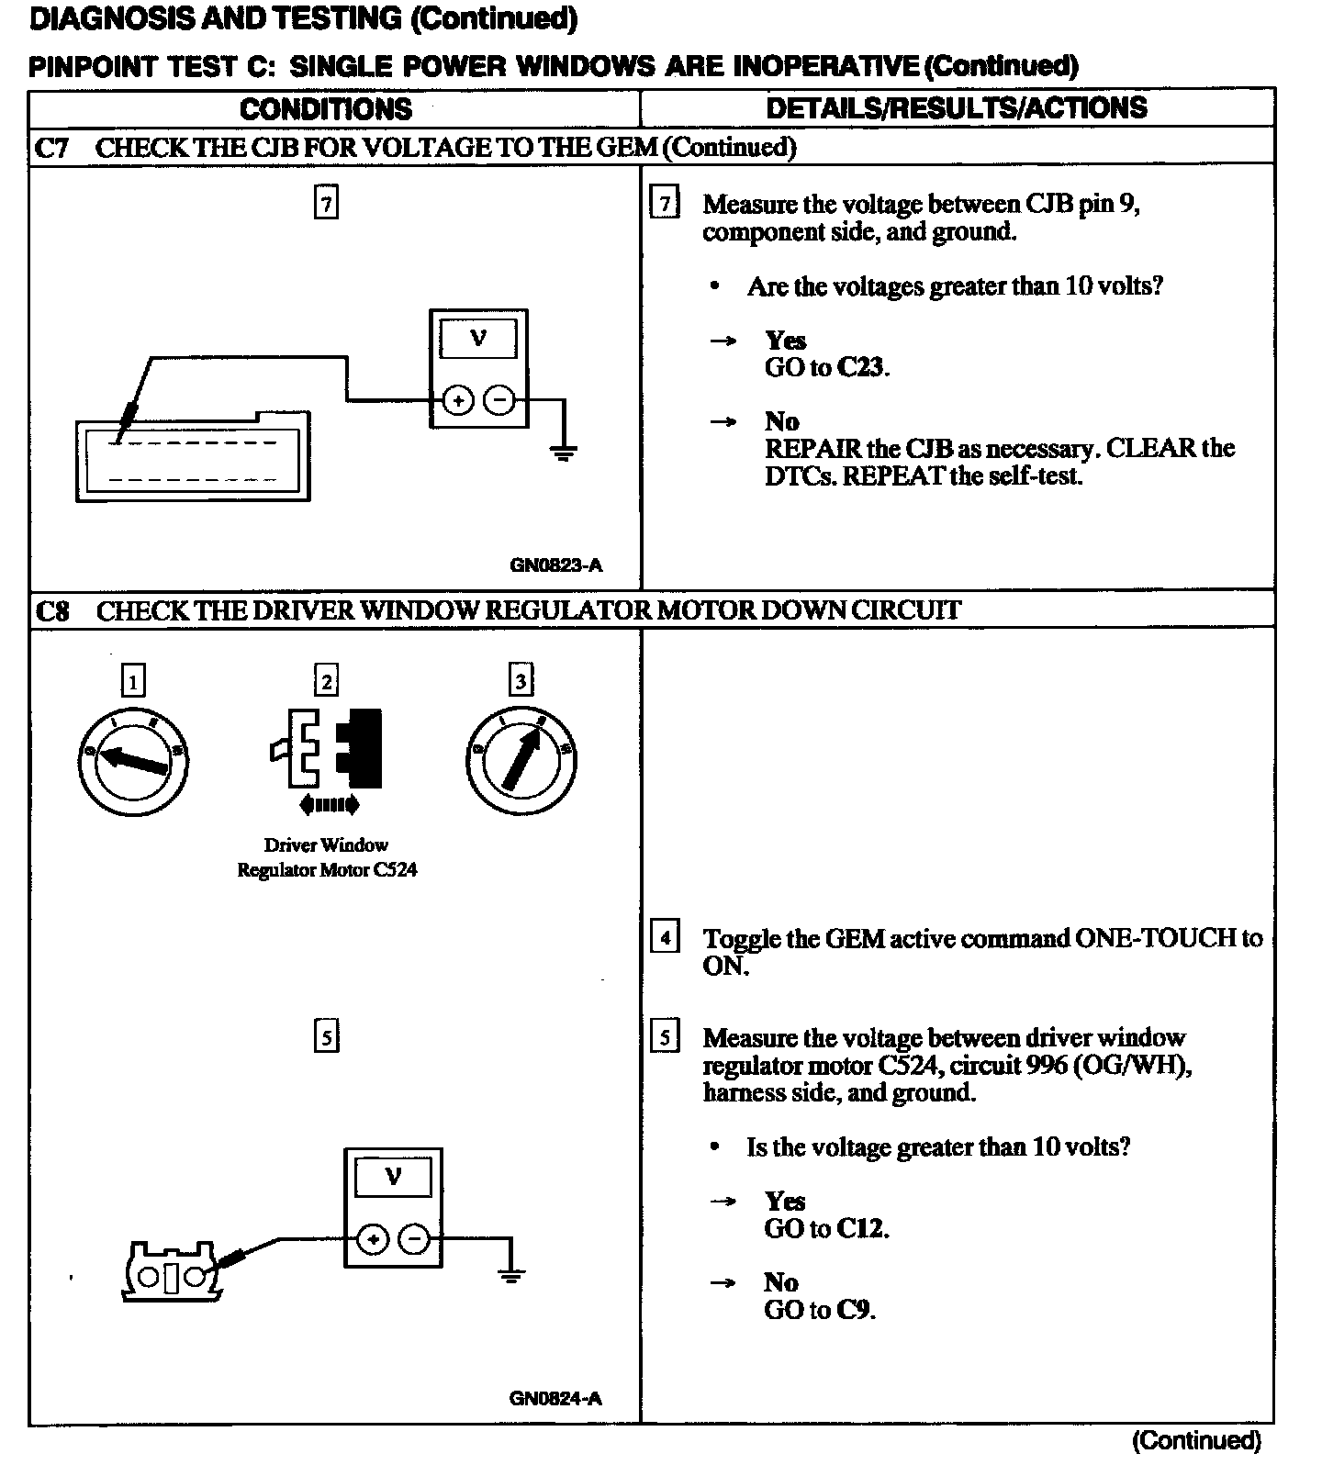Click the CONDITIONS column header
(x=326, y=109)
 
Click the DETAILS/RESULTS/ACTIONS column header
(x=957, y=108)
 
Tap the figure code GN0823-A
(x=556, y=565)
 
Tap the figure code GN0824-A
(x=555, y=1399)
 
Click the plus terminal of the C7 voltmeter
(x=457, y=401)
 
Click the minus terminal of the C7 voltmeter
(x=499, y=401)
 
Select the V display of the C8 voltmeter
(x=393, y=1176)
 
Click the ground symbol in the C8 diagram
(x=511, y=1274)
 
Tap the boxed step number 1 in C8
(x=133, y=681)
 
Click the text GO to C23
(x=827, y=367)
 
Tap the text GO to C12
(x=826, y=1228)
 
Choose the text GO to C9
(x=820, y=1309)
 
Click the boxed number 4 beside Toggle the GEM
(x=665, y=937)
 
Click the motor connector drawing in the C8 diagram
(x=171, y=1273)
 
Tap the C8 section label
(x=52, y=610)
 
